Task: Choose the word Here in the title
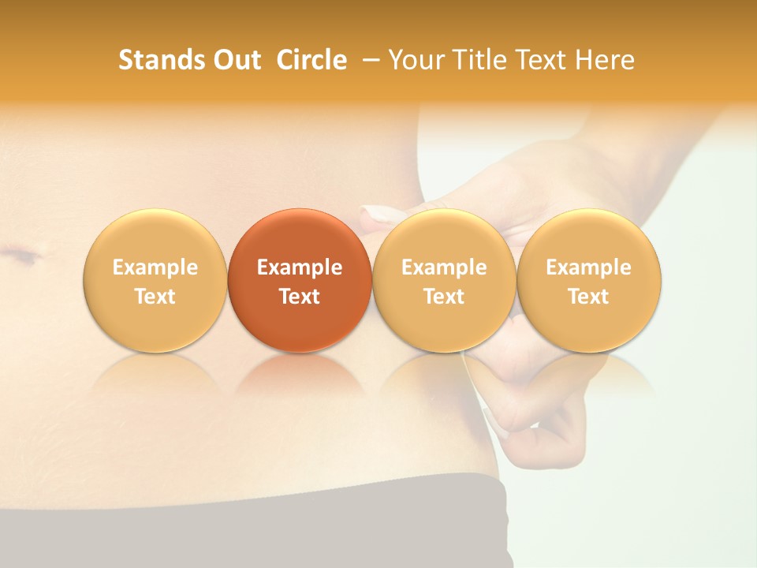click(x=605, y=60)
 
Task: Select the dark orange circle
click(x=300, y=280)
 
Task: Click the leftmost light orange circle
click(x=155, y=280)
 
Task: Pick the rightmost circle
click(x=588, y=280)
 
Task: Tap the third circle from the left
click(x=444, y=280)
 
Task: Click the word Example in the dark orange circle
click(x=300, y=267)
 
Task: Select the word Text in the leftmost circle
click(x=155, y=297)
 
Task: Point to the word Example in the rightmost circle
click(x=588, y=267)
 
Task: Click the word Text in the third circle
click(x=444, y=297)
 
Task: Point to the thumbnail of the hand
click(x=377, y=215)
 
